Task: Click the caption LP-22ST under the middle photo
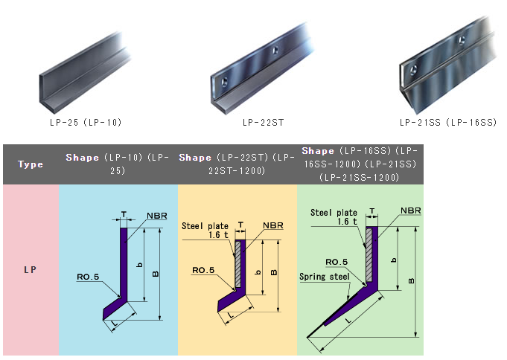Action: click(x=264, y=123)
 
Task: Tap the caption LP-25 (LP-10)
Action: click(x=86, y=123)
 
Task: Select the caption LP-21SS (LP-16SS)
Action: click(x=448, y=123)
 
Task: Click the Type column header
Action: click(x=31, y=164)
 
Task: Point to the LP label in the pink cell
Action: click(x=30, y=269)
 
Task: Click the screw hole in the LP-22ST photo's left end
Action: click(x=224, y=82)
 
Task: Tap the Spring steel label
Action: click(x=325, y=277)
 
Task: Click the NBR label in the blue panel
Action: click(x=157, y=216)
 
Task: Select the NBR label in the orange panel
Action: click(x=273, y=225)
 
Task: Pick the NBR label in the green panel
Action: click(x=411, y=210)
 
